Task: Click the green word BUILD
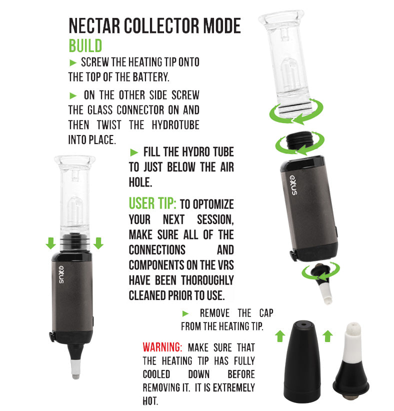[85, 46]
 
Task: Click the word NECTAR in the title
[94, 26]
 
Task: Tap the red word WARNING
[162, 347]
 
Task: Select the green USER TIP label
[152, 203]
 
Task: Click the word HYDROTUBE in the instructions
[175, 125]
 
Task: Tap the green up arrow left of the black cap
[280, 336]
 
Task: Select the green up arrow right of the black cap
[327, 336]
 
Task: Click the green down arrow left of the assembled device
[50, 243]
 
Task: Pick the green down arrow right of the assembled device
[98, 243]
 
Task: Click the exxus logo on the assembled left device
[61, 274]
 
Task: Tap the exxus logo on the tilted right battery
[293, 185]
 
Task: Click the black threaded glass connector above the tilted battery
[299, 141]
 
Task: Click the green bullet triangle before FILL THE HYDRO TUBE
[134, 152]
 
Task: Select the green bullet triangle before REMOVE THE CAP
[185, 313]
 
